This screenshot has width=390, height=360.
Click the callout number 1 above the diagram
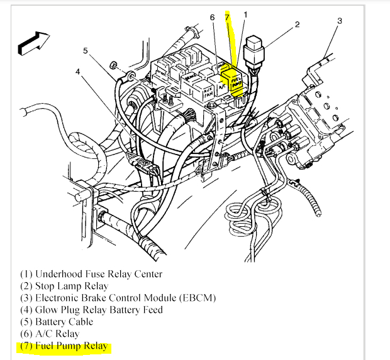[x=245, y=14]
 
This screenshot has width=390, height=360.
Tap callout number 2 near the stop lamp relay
[x=297, y=25]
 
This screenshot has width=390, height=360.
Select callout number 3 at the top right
[x=339, y=21]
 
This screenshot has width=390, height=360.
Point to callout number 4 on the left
[x=78, y=72]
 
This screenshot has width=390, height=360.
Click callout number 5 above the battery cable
[x=86, y=52]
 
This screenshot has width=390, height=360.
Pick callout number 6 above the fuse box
[x=213, y=18]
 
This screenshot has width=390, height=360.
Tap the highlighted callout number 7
[x=228, y=17]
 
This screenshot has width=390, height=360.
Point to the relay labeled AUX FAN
[x=208, y=90]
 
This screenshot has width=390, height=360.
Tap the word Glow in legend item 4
[x=49, y=310]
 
